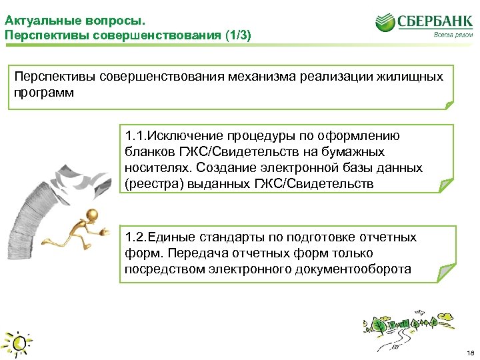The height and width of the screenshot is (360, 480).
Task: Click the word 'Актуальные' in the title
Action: pyautogui.click(x=37, y=13)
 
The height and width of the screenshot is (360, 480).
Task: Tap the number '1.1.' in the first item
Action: pyautogui.click(x=135, y=136)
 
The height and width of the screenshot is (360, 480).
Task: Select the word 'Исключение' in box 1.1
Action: pyautogui.click(x=180, y=136)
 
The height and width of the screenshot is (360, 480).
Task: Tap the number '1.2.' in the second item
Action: pyautogui.click(x=135, y=237)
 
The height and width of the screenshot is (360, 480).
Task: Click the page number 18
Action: pyautogui.click(x=470, y=351)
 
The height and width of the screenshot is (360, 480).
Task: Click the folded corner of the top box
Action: pyautogui.click(x=448, y=105)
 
